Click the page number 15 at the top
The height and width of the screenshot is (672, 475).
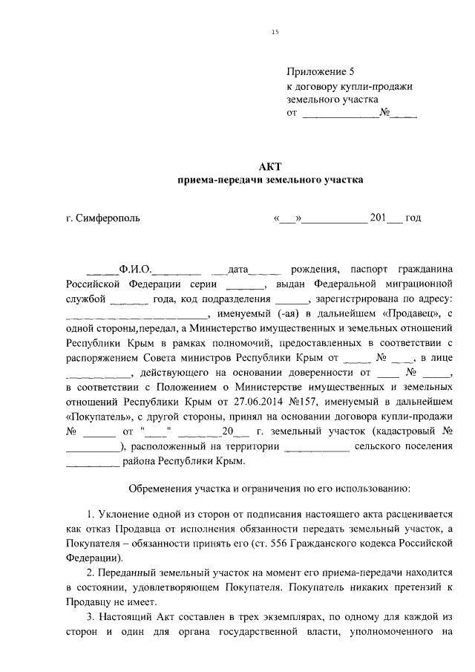coord(275,31)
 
